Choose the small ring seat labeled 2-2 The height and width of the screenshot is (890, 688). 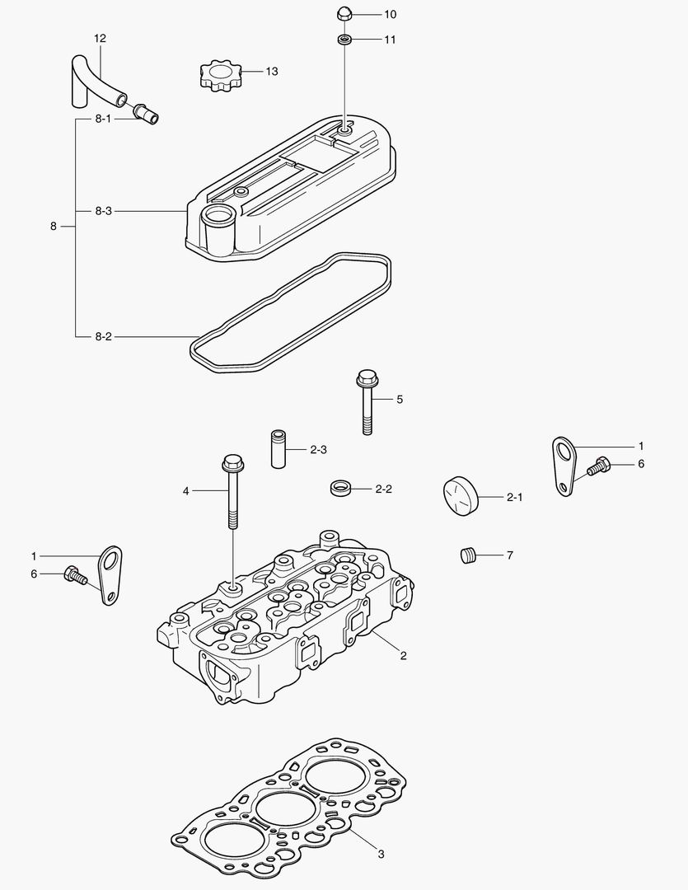tap(340, 488)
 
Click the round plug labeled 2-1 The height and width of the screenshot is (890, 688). tap(456, 496)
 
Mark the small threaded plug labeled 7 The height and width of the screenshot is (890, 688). tap(469, 555)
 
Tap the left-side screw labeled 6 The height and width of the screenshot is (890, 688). tap(74, 574)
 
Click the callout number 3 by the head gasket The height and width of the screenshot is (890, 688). tap(381, 854)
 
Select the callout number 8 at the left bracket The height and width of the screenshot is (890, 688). tap(53, 226)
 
